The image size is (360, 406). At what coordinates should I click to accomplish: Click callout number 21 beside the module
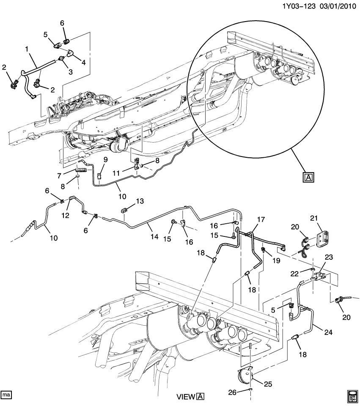pyautogui.click(x=325, y=218)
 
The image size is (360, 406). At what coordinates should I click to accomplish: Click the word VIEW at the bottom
pyautogui.click(x=185, y=396)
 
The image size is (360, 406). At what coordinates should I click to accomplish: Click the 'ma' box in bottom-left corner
pyautogui.click(x=6, y=395)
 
